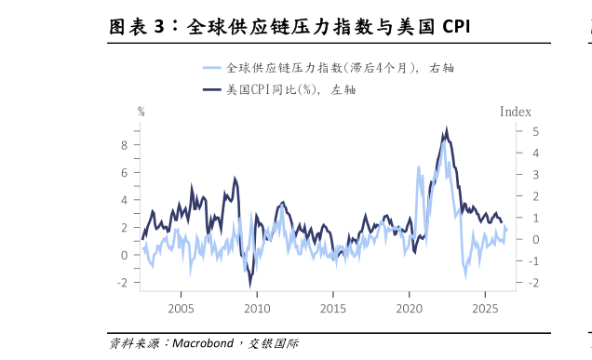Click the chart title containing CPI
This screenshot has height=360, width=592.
tap(289, 27)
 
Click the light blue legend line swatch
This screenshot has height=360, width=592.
tap(211, 68)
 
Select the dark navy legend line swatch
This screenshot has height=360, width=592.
tap(211, 90)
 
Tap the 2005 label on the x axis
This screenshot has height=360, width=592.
tap(181, 309)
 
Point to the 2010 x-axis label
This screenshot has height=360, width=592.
tap(257, 309)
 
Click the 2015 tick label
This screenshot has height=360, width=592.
tap(333, 309)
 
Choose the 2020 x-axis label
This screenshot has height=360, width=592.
tap(409, 309)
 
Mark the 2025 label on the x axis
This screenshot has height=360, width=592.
tap(485, 309)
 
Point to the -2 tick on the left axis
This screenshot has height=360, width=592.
tap(121, 282)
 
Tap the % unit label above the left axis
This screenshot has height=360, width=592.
tap(141, 112)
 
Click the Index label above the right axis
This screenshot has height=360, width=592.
tap(515, 112)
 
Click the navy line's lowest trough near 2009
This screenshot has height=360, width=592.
tap(249, 285)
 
